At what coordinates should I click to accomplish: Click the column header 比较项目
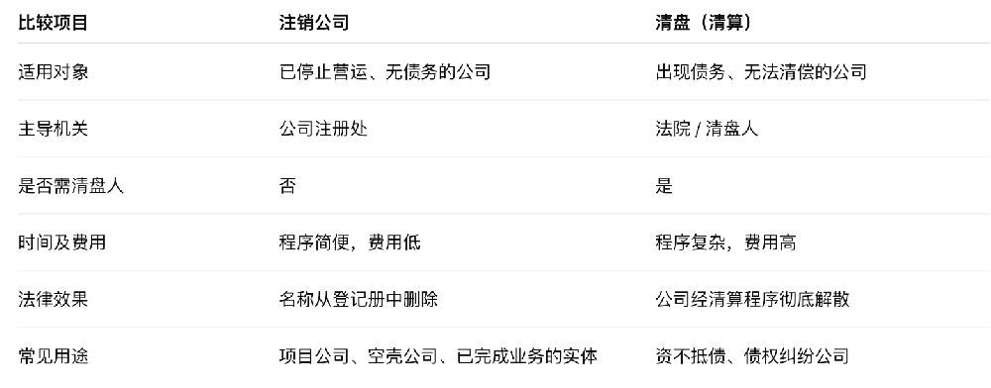54,21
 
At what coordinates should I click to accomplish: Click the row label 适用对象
54,71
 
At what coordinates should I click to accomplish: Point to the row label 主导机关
54,129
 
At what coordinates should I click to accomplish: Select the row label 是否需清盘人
71,185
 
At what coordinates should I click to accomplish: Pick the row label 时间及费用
62,242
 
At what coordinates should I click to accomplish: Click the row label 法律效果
54,299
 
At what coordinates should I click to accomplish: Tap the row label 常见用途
54,356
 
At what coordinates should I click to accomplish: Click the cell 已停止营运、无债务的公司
385,71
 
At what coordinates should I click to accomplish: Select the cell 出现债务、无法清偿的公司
761,71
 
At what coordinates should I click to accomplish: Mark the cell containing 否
287,185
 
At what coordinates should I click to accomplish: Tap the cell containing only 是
664,185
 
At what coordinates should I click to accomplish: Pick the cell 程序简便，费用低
351,242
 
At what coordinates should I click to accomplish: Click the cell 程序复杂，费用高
725,242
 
